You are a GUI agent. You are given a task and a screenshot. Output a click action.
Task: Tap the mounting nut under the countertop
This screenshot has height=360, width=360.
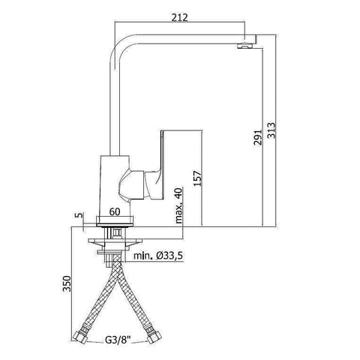(x=116, y=241)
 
